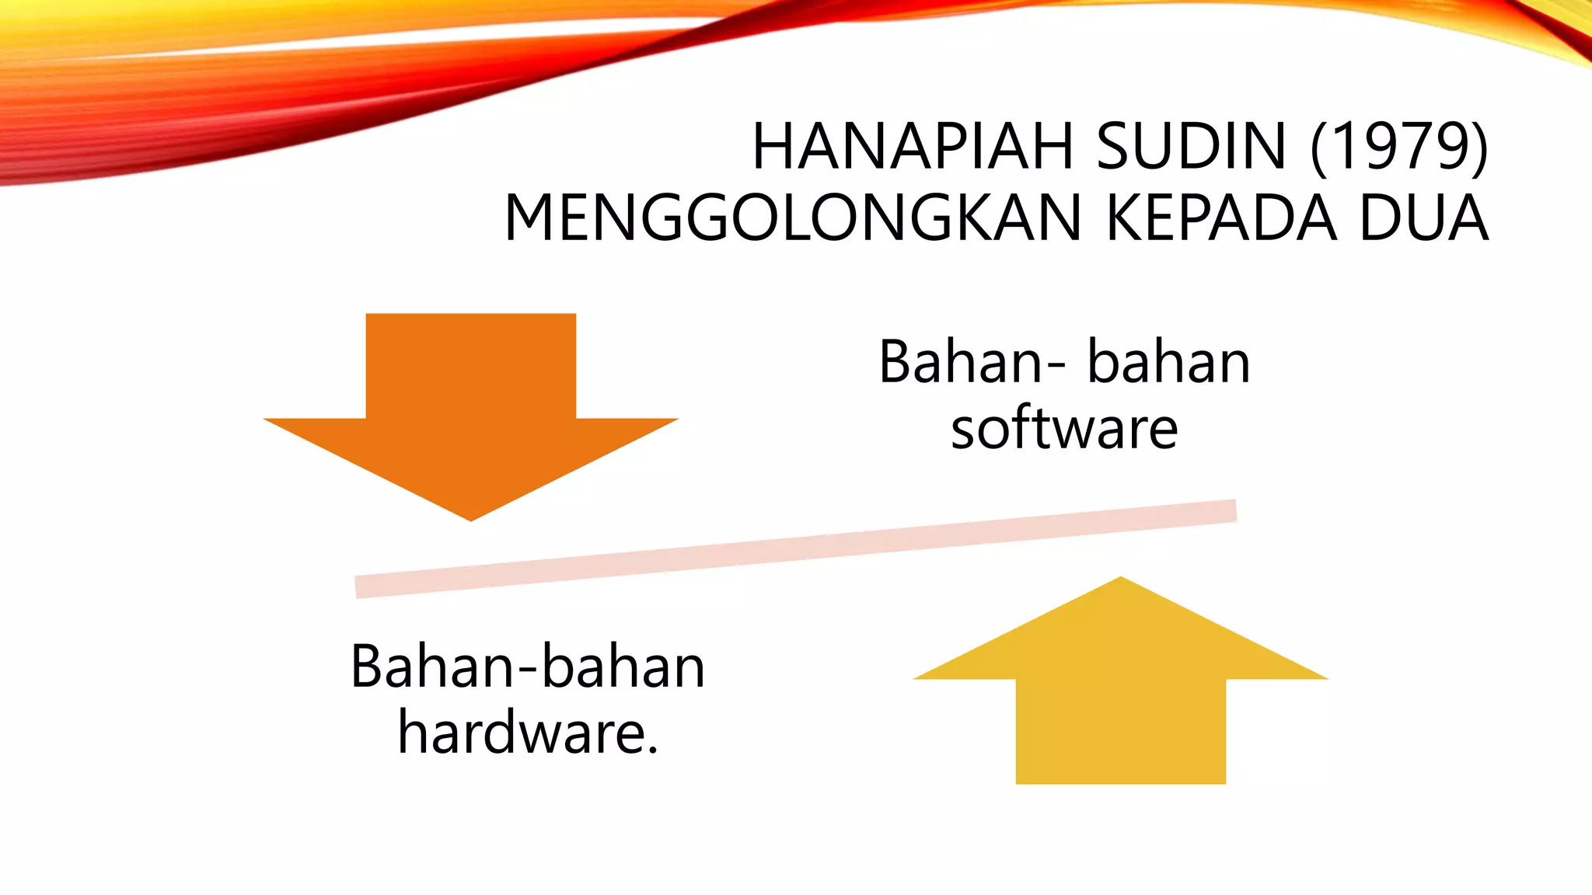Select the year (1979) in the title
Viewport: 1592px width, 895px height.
tap(1399, 147)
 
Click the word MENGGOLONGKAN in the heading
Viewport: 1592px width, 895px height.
tap(793, 219)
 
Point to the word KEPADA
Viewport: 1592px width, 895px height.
tap(1221, 219)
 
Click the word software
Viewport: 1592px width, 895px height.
tap(1064, 430)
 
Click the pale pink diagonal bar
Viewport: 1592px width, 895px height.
tap(796, 548)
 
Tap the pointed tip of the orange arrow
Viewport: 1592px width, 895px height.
tap(471, 516)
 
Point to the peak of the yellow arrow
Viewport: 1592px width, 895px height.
tap(1120, 581)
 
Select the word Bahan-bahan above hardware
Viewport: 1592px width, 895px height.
tap(528, 667)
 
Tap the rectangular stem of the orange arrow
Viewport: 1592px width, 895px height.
tap(471, 365)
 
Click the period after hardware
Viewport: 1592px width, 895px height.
tap(651, 750)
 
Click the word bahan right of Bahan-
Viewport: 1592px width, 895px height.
tap(1168, 363)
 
